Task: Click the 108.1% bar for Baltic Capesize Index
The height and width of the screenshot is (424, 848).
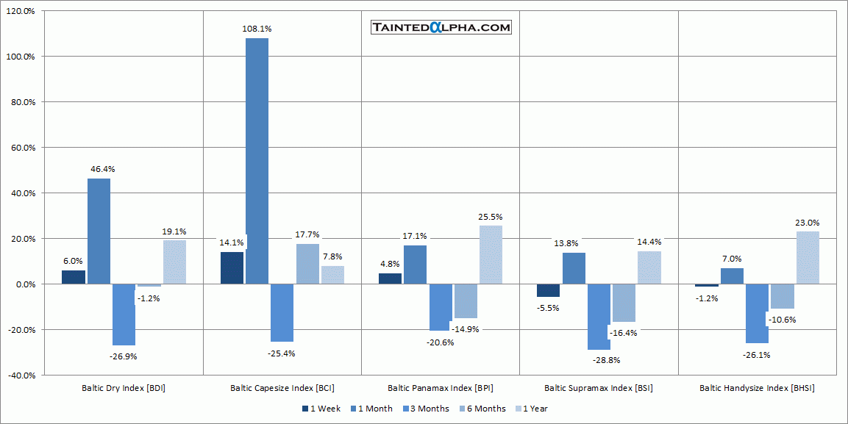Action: [x=257, y=160]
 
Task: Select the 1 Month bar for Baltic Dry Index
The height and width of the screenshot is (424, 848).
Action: [x=99, y=231]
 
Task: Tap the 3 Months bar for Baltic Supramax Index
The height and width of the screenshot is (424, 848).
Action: [x=599, y=317]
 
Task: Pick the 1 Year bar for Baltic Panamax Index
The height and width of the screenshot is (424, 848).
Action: [x=491, y=254]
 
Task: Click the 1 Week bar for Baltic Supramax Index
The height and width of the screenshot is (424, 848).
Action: [x=548, y=290]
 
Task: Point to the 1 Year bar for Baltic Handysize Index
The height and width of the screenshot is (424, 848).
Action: [x=808, y=257]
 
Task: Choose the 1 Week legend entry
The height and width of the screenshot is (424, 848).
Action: [x=321, y=409]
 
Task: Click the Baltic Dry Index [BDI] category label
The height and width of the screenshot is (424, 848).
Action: [x=124, y=388]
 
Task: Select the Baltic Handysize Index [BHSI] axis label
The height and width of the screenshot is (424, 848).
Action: [x=757, y=388]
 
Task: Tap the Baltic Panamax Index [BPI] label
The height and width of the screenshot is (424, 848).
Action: [x=441, y=388]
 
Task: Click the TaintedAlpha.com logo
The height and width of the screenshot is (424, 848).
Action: [x=441, y=28]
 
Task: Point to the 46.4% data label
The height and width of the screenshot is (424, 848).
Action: [x=101, y=169]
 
